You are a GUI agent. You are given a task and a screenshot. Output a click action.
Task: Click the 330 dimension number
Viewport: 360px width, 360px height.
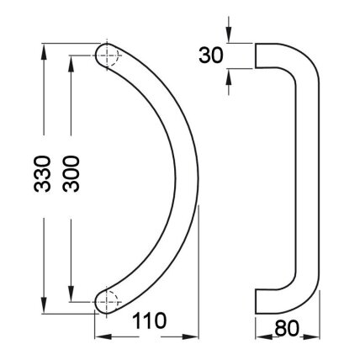pos(42,174)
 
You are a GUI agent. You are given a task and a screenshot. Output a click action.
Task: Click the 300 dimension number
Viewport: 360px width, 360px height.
pos(71,174)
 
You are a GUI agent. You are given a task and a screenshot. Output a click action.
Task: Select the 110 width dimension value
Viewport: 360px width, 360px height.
pos(149,320)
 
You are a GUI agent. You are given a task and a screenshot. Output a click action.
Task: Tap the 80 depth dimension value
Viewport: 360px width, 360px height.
pos(287,328)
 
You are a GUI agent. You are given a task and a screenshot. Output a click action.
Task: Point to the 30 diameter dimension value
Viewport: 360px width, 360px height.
pos(211,56)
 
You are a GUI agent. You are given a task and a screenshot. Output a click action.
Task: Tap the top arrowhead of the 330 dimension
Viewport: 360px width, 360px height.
pos(44,51)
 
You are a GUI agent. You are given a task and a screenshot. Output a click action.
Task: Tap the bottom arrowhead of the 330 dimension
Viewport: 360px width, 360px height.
pos(44,305)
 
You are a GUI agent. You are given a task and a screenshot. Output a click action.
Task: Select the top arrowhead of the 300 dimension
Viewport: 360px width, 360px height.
pos(71,64)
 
